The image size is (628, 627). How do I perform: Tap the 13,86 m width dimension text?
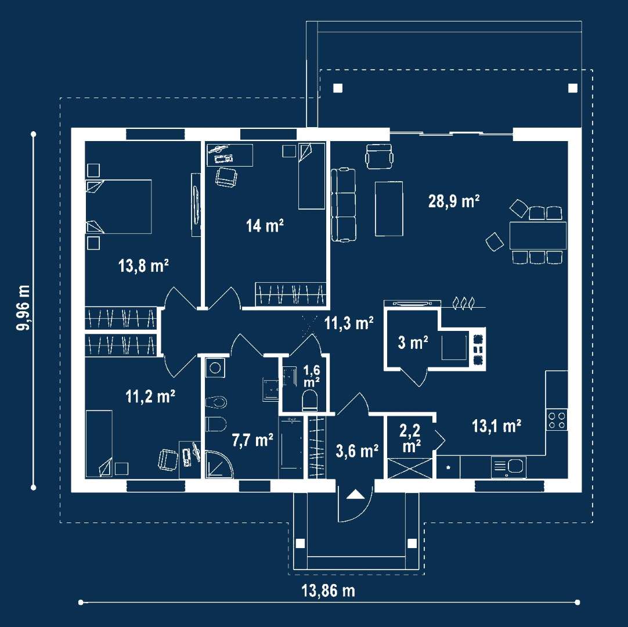[328, 591]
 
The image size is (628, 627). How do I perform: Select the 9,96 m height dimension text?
[24, 308]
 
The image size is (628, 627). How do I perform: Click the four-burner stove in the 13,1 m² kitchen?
[557, 420]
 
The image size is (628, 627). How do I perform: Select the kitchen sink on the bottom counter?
[508, 466]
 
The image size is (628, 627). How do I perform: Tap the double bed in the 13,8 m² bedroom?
[119, 206]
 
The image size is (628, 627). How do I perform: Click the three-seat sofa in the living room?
[343, 204]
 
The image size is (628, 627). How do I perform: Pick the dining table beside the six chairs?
[537, 235]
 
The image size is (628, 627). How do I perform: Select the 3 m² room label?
[413, 343]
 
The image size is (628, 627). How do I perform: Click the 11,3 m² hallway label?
[348, 323]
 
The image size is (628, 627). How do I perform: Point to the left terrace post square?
[338, 88]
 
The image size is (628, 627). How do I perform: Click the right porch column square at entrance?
[412, 544]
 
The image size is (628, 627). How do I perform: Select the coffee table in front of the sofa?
[389, 208]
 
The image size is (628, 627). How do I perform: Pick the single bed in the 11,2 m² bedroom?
[99, 443]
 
